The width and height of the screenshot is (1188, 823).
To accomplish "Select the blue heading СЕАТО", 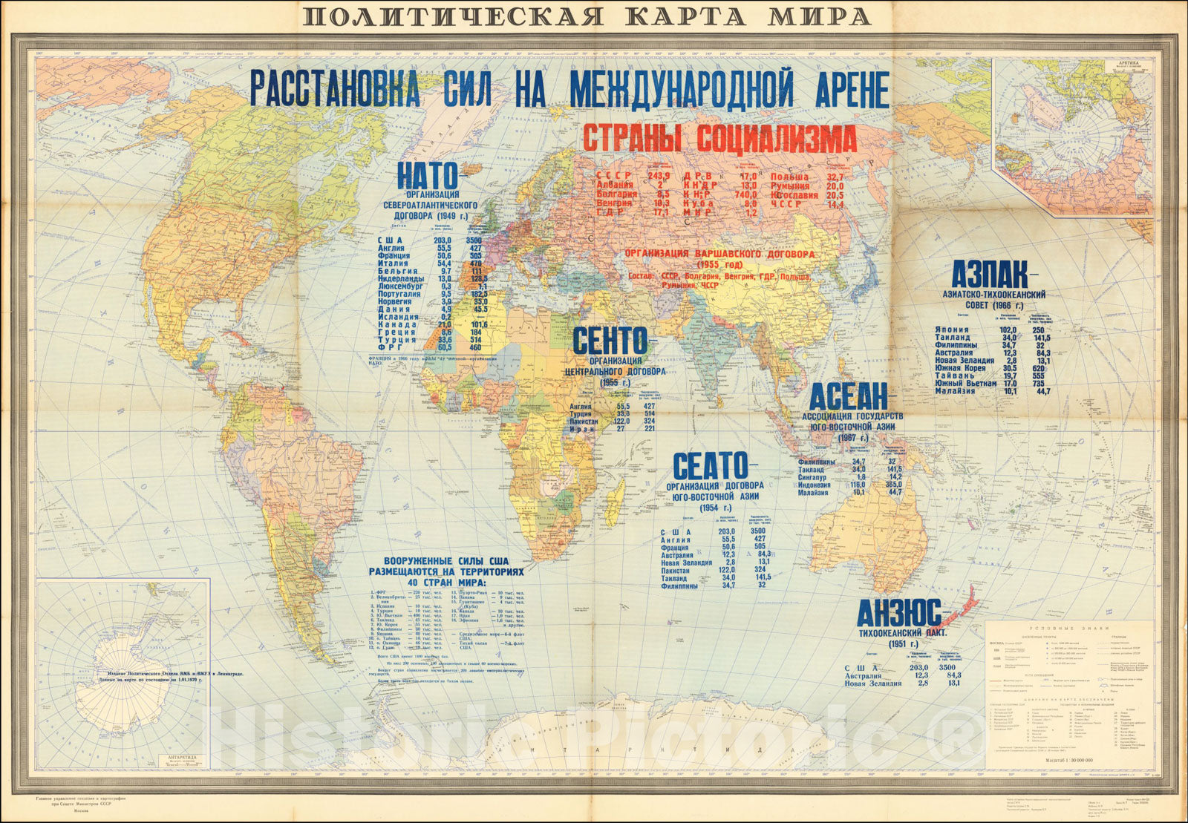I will tap(710, 465).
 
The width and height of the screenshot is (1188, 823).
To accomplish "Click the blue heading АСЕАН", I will tap(848, 397).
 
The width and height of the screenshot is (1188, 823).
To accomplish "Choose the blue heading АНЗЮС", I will tap(899, 613).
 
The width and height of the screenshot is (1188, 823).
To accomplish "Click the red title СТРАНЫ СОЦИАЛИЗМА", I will tap(719, 139).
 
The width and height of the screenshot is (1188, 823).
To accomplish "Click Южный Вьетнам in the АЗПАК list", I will tap(965, 383).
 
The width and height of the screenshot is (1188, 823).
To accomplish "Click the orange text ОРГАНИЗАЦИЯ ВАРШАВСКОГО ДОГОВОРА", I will tap(719, 254).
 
